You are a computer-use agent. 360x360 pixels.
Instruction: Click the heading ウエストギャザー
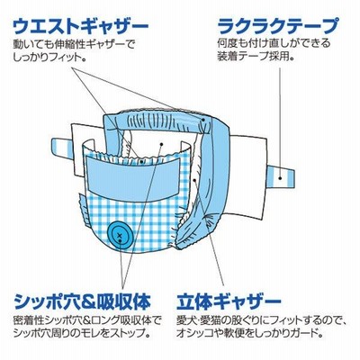(x=80, y=27)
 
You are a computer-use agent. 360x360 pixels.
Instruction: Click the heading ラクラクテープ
(x=278, y=26)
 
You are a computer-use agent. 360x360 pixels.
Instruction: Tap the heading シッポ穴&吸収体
(x=82, y=301)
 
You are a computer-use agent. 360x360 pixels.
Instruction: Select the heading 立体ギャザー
(x=229, y=301)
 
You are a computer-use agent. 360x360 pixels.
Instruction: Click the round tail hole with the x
(x=119, y=235)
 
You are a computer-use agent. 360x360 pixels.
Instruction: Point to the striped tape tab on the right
(x=281, y=177)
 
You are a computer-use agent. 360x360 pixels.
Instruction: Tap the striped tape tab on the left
(x=62, y=147)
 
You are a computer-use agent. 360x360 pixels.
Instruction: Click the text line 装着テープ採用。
(x=256, y=57)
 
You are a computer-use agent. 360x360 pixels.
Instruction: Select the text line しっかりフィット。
(x=49, y=58)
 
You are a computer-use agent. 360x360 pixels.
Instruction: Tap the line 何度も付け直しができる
(x=274, y=43)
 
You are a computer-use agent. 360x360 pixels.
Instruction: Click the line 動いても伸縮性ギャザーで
(x=74, y=44)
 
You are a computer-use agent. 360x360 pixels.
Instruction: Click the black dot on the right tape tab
(x=280, y=177)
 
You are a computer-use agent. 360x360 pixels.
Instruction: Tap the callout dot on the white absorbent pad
(x=161, y=144)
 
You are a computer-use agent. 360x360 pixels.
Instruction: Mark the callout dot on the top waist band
(x=203, y=120)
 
